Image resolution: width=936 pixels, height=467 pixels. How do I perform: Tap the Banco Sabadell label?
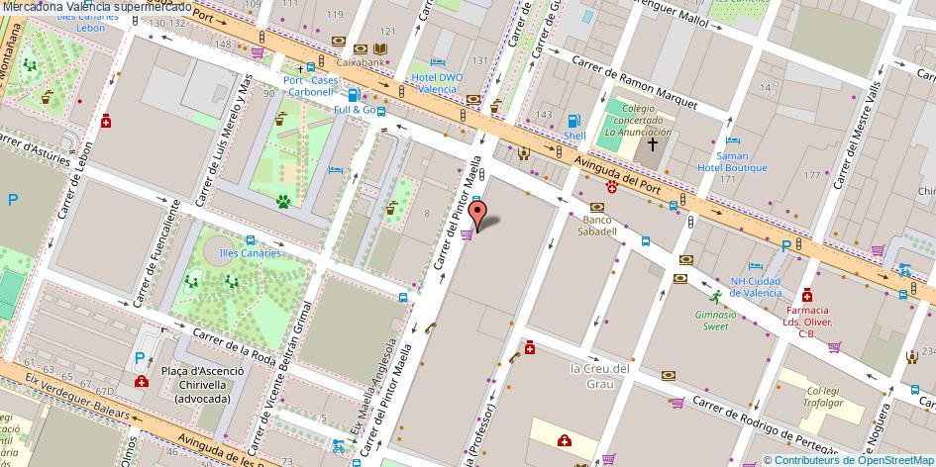point(599,225)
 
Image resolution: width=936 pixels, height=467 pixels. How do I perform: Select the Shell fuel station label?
point(574,136)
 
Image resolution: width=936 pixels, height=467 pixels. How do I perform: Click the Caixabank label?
point(360,61)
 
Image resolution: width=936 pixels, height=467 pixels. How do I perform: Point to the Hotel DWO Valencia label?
point(437,83)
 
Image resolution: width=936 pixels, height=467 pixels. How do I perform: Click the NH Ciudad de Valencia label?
point(756,287)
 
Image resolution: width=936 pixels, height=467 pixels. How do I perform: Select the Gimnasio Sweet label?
point(715,320)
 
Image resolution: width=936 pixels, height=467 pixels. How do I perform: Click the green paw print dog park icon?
point(283,203)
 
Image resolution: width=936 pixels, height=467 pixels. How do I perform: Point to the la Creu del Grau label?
point(599,376)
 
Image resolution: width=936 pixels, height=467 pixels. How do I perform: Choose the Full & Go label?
point(354,109)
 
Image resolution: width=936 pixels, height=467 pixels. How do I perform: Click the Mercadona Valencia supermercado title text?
point(96,7)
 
